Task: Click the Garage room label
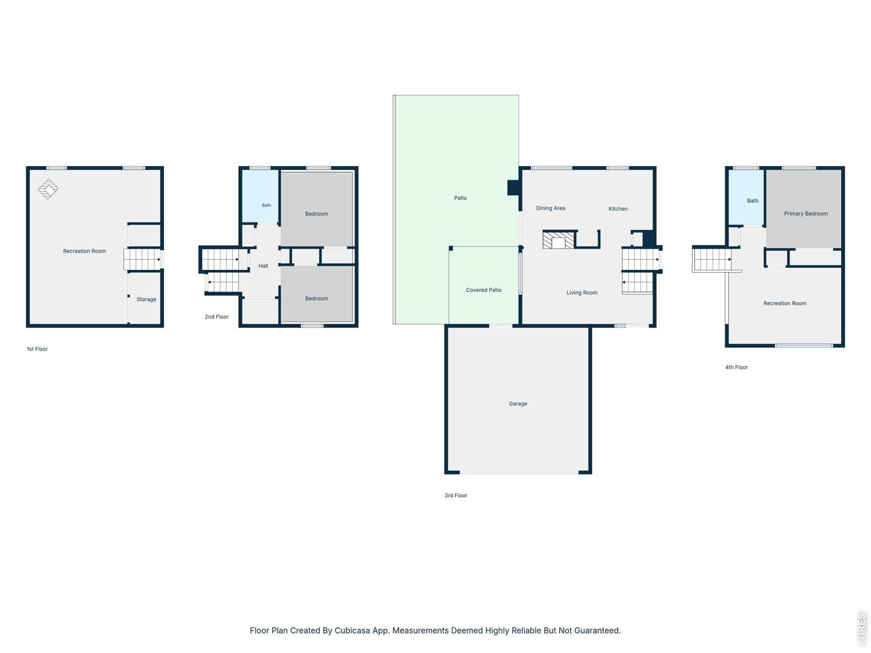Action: pyautogui.click(x=518, y=403)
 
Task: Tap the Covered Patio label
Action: pyautogui.click(x=483, y=290)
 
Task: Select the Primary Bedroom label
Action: pyautogui.click(x=806, y=214)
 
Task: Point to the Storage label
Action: pyautogui.click(x=146, y=299)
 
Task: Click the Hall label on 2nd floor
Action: pyautogui.click(x=263, y=266)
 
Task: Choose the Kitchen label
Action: pyautogui.click(x=618, y=209)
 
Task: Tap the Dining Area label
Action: pyautogui.click(x=550, y=208)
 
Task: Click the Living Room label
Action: pyautogui.click(x=582, y=292)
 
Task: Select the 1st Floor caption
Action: pyautogui.click(x=37, y=349)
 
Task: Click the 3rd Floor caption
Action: pyautogui.click(x=455, y=495)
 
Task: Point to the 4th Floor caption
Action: pyautogui.click(x=736, y=367)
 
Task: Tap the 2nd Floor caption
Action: pyautogui.click(x=216, y=317)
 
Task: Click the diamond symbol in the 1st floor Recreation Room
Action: pyautogui.click(x=48, y=188)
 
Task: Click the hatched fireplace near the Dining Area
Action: pyautogui.click(x=558, y=240)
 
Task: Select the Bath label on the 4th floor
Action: pyautogui.click(x=753, y=201)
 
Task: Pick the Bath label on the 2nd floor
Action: pyautogui.click(x=266, y=205)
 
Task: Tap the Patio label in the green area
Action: pyautogui.click(x=460, y=198)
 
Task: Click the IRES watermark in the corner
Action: pyautogui.click(x=861, y=628)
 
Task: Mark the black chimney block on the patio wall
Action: pyautogui.click(x=514, y=188)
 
